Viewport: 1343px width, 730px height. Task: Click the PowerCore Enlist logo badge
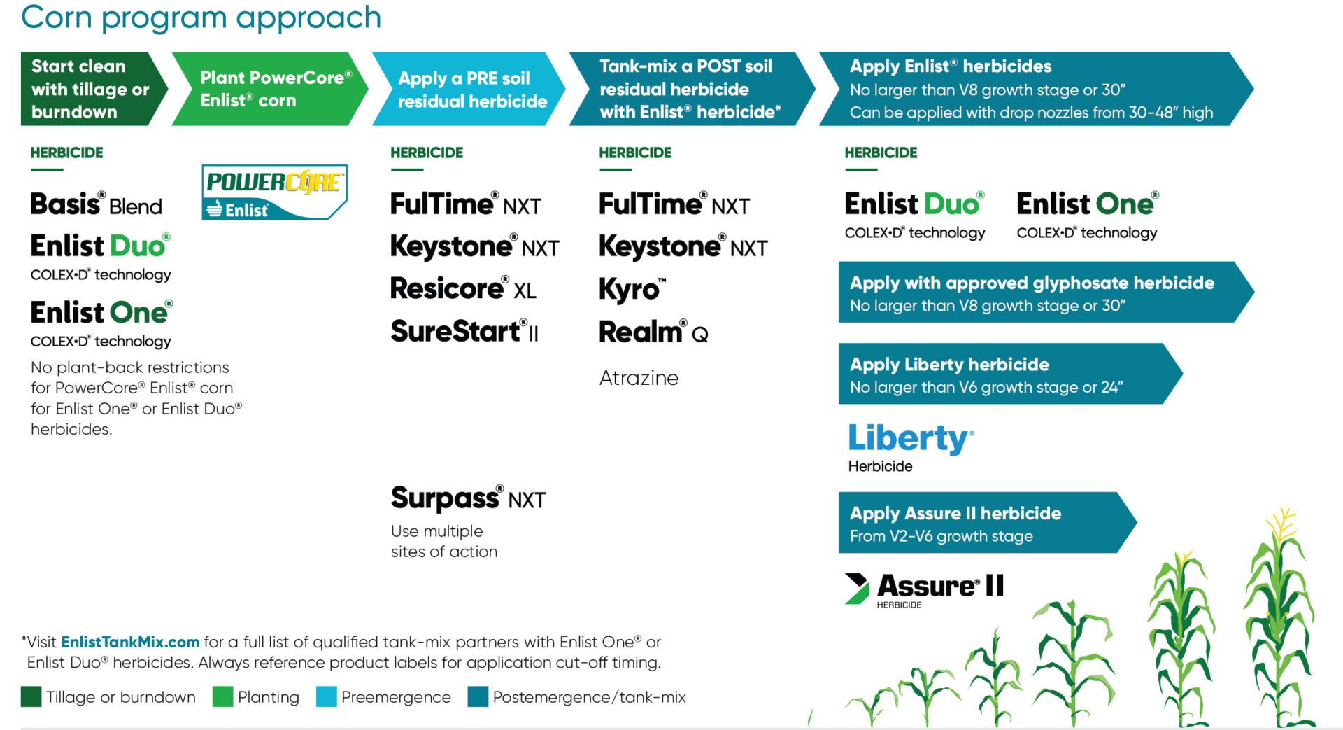(x=274, y=192)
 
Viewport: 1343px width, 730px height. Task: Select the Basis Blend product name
(x=97, y=204)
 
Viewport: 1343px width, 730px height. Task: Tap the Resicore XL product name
(x=463, y=288)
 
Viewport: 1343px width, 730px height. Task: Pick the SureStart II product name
(x=464, y=330)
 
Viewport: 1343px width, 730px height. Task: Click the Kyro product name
(x=632, y=289)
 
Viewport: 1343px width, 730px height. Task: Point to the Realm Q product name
(x=653, y=331)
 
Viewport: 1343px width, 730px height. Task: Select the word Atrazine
(x=639, y=378)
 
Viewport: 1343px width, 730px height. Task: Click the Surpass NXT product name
(x=468, y=498)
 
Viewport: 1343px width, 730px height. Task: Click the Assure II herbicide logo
(x=924, y=590)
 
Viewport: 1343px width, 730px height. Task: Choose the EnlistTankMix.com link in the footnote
(x=130, y=642)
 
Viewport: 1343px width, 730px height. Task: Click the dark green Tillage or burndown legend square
(x=31, y=697)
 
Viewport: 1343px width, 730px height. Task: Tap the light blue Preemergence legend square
(x=326, y=697)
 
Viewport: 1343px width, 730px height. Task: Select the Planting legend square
(x=222, y=697)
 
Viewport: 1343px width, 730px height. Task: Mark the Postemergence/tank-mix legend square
(x=478, y=697)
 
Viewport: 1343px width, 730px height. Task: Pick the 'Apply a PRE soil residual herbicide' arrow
(x=469, y=89)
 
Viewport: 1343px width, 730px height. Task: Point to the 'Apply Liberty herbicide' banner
(x=1010, y=374)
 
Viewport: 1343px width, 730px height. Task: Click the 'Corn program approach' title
(x=201, y=17)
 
